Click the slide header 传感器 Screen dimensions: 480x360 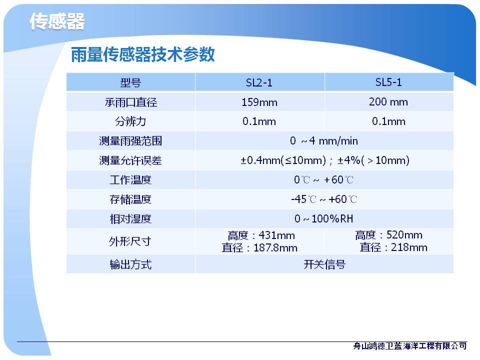coord(57,21)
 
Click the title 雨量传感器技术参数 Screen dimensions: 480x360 coord(142,54)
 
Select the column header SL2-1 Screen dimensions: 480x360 coord(259,82)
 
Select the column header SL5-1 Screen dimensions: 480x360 coord(388,82)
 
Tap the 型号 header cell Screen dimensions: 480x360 coord(130,82)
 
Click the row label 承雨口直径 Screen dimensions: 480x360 coord(130,102)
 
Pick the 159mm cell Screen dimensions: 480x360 coord(259,102)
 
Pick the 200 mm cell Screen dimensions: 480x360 coord(388,101)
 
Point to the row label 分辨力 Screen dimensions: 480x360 coord(130,121)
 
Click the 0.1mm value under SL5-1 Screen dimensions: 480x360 coord(388,121)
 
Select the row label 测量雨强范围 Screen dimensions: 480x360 coord(130,141)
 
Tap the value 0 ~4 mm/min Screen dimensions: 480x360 coord(324,141)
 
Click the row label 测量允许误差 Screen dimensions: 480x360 coord(130,160)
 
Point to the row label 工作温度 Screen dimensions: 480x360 coord(130,179)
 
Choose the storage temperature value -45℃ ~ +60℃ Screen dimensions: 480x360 coord(324,199)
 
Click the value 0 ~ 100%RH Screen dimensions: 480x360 coord(324,218)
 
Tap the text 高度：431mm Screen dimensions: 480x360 coord(261,235)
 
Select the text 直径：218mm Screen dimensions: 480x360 coord(393,247)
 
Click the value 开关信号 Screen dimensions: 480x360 coord(324,264)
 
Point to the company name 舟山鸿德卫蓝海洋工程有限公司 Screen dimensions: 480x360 coord(410,346)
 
